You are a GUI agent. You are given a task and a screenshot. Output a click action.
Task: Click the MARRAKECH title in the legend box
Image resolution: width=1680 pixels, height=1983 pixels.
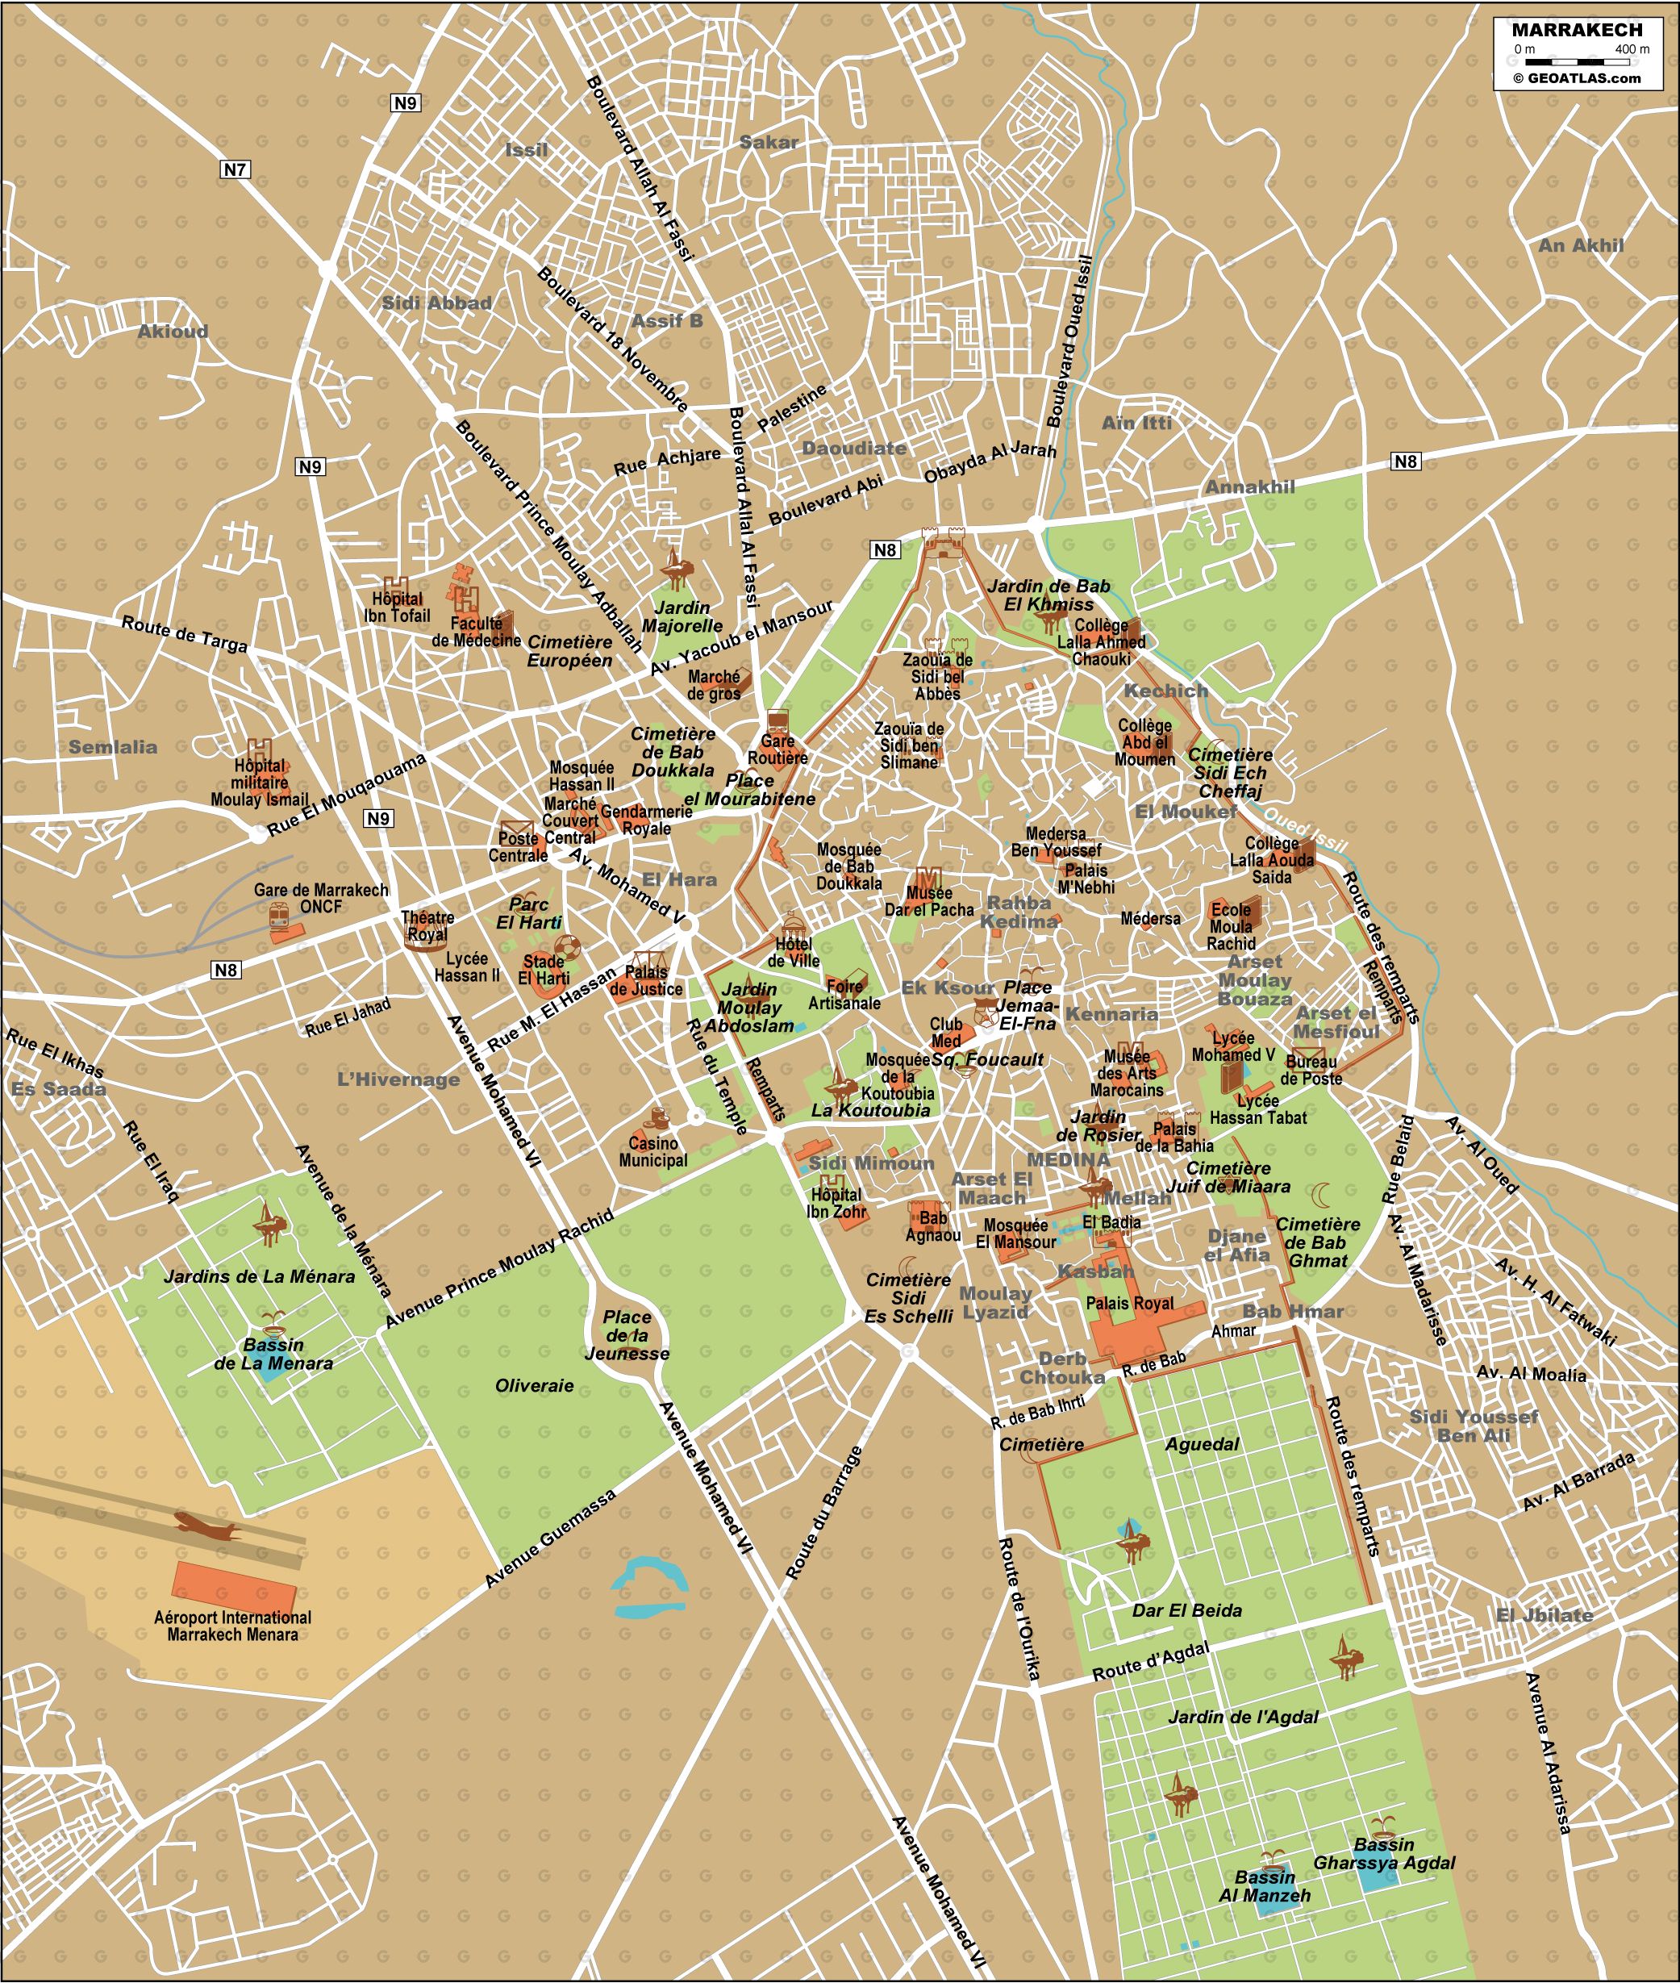click(x=1576, y=30)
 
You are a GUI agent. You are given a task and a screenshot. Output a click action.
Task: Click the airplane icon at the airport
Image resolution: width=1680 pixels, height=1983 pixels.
click(x=206, y=1526)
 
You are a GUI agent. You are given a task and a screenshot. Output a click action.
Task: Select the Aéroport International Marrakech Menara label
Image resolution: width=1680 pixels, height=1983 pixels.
click(x=232, y=1626)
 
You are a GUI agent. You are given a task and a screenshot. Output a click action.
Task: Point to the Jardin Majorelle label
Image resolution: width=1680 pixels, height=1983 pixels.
click(x=682, y=616)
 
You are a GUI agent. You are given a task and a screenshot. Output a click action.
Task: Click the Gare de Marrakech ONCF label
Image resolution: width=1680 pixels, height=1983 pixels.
click(x=321, y=898)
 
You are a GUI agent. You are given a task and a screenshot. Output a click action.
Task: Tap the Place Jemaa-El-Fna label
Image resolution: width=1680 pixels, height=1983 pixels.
click(x=1028, y=1005)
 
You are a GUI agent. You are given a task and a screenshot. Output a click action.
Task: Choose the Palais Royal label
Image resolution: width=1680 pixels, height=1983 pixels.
click(x=1131, y=1303)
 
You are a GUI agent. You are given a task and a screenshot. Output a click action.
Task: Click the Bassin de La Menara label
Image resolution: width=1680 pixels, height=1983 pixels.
click(x=273, y=1354)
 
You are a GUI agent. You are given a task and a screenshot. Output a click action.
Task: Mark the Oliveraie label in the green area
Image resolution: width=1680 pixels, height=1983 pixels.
click(x=534, y=1385)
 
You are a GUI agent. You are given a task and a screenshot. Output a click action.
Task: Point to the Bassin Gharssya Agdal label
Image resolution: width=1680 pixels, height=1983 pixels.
click(x=1385, y=1852)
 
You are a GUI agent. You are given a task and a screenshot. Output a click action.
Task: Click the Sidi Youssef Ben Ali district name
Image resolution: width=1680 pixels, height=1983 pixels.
click(x=1474, y=1425)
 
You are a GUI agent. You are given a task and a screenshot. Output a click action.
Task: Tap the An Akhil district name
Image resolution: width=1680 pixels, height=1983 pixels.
click(x=1581, y=244)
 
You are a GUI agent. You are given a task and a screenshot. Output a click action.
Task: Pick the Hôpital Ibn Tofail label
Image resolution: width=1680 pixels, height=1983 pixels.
click(x=397, y=607)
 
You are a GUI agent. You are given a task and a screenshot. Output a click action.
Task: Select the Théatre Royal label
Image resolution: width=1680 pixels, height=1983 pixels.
click(x=427, y=926)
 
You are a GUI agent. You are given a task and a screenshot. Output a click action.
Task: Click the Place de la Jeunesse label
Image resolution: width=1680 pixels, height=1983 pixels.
click(x=627, y=1334)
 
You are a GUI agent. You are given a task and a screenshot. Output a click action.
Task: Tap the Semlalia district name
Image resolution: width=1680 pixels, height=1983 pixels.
click(x=112, y=747)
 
